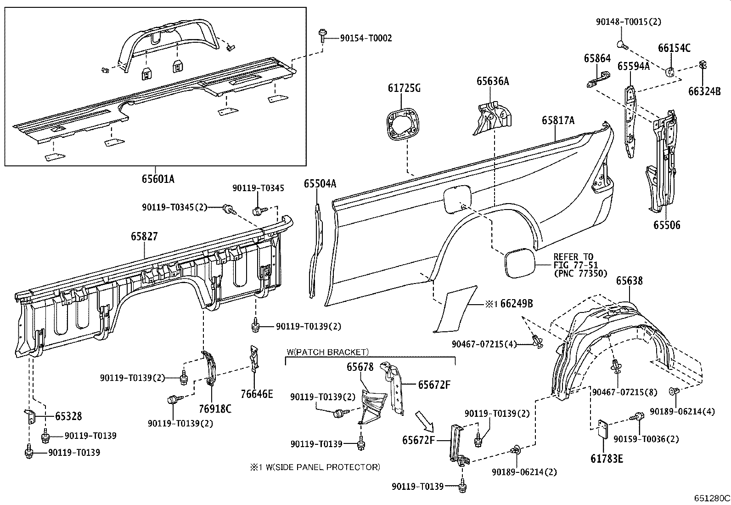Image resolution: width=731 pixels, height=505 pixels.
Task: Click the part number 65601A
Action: click(158, 179)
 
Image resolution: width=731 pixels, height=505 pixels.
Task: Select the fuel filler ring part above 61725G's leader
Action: click(404, 124)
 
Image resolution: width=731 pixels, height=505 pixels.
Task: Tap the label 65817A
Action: click(558, 120)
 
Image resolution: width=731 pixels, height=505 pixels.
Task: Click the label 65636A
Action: click(493, 81)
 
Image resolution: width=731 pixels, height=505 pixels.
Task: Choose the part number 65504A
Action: click(320, 184)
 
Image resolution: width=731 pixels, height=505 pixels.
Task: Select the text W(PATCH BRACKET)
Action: click(327, 352)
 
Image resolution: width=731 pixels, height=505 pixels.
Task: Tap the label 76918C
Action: click(215, 408)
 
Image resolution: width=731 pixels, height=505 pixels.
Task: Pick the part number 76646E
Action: click(257, 394)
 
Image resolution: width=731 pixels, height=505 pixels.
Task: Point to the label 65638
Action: click(629, 281)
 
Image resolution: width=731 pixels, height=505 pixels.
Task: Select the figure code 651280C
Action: click(712, 498)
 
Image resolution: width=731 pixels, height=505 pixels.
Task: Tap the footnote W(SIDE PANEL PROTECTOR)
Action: click(315, 467)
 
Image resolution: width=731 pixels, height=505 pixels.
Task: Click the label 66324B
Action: click(704, 91)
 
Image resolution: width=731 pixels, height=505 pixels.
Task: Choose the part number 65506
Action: click(667, 225)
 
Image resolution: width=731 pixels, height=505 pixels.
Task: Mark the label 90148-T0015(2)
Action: click(629, 22)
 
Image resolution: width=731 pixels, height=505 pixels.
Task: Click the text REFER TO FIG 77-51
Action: click(574, 261)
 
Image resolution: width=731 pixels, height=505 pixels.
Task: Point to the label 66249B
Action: click(517, 303)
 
